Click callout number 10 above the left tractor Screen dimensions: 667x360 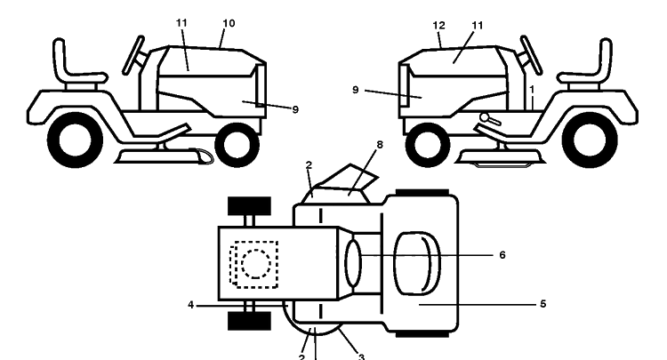point(229,23)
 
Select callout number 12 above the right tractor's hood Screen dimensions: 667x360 point(438,26)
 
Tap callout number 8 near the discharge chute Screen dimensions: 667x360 point(380,145)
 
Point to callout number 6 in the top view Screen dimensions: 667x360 point(502,255)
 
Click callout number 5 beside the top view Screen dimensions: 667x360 point(542,304)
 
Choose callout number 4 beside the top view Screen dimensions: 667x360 point(191,305)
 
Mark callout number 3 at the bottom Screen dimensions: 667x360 point(361,356)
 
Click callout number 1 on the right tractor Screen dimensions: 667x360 point(532,90)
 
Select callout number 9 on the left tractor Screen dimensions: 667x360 point(295,109)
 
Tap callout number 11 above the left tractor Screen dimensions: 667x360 point(181,23)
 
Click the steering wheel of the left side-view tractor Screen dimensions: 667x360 point(133,56)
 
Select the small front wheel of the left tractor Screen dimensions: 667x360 point(237,145)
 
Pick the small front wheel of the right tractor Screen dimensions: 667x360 point(428,145)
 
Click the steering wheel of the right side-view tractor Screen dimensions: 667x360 point(531,56)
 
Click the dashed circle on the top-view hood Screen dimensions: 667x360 point(256,263)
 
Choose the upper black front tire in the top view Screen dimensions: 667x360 point(249,205)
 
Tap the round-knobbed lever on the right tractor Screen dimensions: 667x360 point(490,118)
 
